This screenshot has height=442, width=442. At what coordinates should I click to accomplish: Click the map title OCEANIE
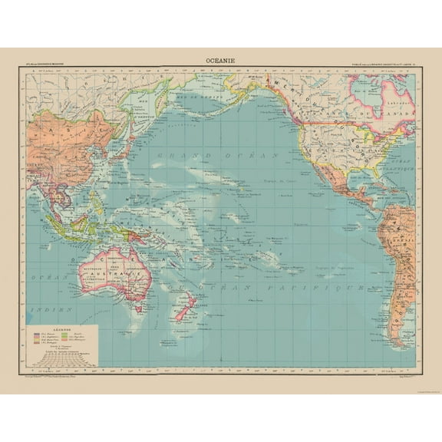pos(221,56)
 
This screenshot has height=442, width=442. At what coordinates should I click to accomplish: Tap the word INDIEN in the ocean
pos(38,312)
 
